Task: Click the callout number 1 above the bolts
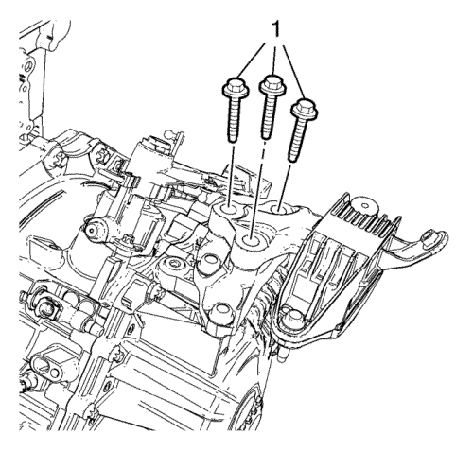(276, 30)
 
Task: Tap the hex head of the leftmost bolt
(236, 87)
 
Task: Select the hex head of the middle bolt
(272, 84)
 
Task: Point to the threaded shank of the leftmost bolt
(234, 119)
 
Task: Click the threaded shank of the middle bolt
(269, 116)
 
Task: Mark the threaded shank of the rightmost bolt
(297, 141)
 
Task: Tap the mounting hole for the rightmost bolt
(279, 208)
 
